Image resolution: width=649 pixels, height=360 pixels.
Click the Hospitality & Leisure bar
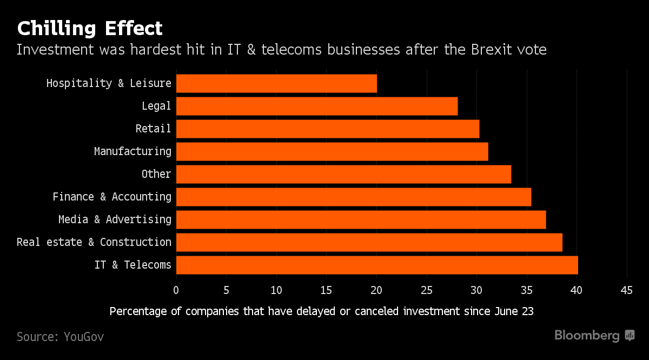tap(276, 84)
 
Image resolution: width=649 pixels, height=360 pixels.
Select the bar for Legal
tap(317, 106)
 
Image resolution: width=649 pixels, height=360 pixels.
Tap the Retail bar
tap(328, 129)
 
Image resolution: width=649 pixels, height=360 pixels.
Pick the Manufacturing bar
tap(332, 152)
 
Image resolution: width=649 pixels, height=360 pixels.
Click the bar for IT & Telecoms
tap(377, 265)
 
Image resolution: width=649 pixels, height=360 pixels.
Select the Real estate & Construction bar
tap(369, 242)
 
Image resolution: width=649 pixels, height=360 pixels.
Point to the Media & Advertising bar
tap(361, 219)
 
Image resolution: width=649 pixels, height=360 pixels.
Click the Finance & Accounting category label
tap(112, 197)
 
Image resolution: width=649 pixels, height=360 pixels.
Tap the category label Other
tap(156, 174)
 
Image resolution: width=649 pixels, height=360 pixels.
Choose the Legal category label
tap(156, 106)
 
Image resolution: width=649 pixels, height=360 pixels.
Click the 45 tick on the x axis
tap(626, 290)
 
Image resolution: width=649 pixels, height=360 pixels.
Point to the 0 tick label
tap(176, 290)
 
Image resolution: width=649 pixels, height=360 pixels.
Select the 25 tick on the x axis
tap(427, 290)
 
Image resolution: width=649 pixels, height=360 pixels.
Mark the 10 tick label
tap(276, 290)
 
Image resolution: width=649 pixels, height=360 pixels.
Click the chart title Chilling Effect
tap(89, 28)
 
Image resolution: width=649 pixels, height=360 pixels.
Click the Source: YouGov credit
tap(60, 337)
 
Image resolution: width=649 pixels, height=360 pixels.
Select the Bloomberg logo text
tap(587, 336)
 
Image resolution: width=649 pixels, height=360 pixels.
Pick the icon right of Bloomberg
tap(630, 336)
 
